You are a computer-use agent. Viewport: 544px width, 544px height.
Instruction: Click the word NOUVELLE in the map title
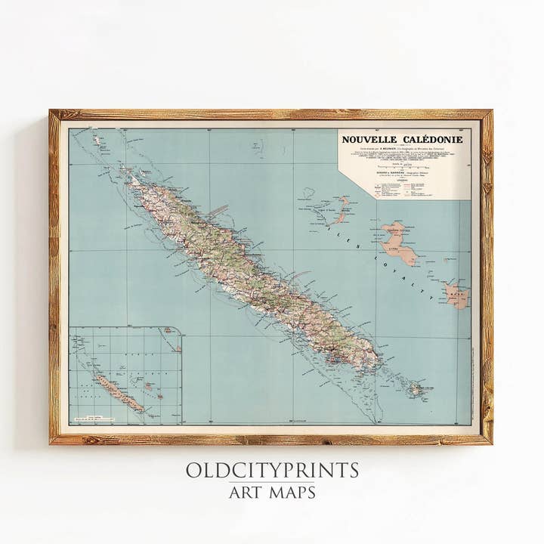point(371,140)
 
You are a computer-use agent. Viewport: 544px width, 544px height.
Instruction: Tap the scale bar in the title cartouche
point(404,164)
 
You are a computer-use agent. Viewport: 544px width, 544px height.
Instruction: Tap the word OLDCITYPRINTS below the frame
point(272,470)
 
